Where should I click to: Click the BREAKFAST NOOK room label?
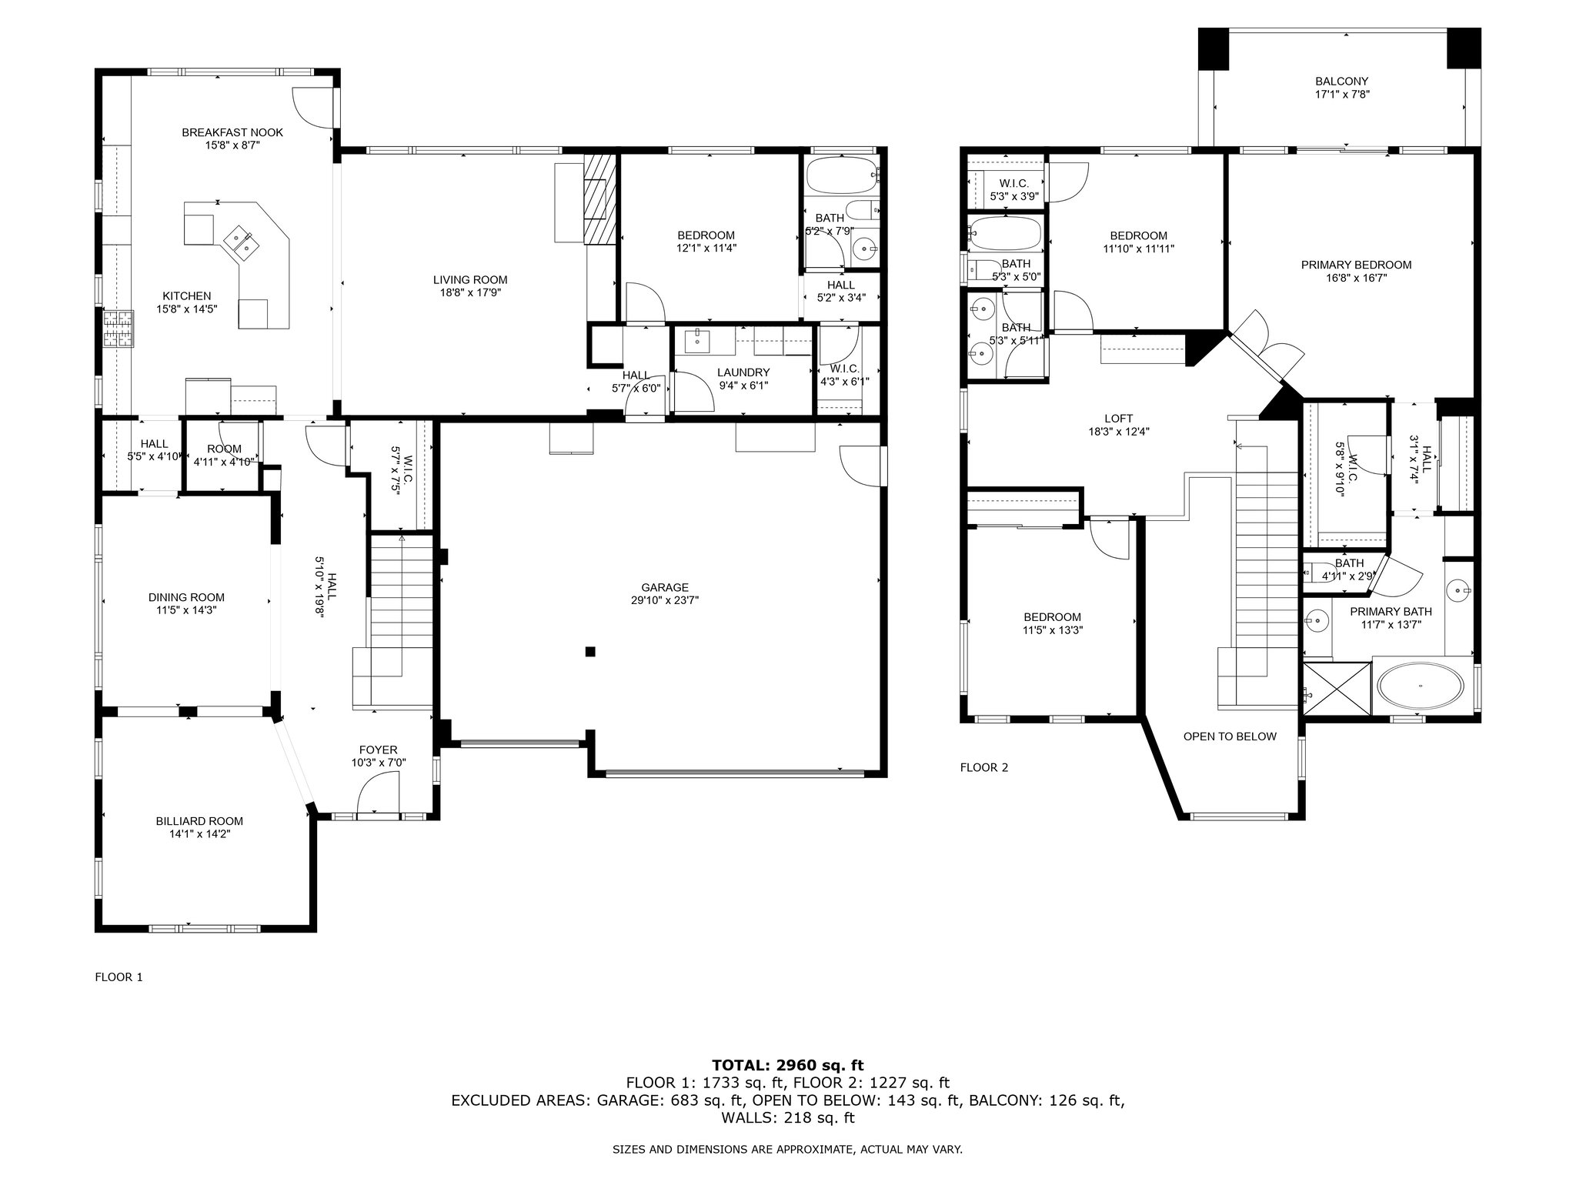click(x=232, y=132)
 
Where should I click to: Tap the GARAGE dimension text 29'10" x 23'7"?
click(x=665, y=600)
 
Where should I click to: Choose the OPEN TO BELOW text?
click(x=1230, y=736)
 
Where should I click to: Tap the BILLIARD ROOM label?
click(x=199, y=821)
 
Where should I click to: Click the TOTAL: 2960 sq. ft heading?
click(x=788, y=1065)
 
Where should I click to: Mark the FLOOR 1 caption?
click(x=119, y=977)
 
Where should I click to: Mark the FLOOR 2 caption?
click(x=984, y=767)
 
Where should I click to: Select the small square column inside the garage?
click(x=590, y=652)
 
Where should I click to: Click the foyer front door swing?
click(x=379, y=793)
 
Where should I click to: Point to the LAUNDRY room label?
click(x=743, y=372)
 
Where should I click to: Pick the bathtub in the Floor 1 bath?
click(x=842, y=176)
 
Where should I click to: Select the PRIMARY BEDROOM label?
click(x=1356, y=265)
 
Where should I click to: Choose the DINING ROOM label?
click(x=186, y=597)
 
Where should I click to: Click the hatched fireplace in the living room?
click(x=601, y=199)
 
